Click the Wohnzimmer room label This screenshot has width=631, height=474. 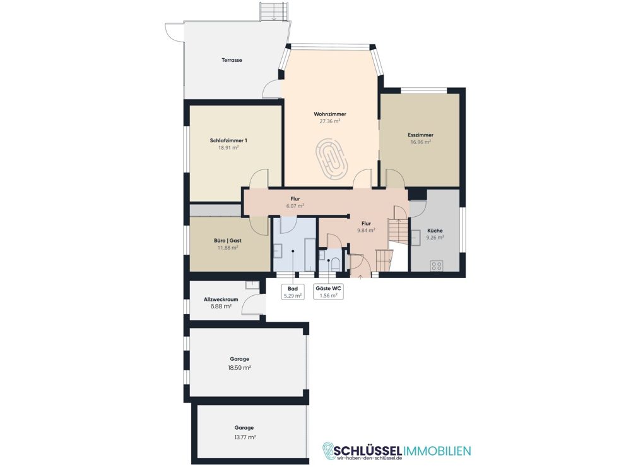(x=330, y=114)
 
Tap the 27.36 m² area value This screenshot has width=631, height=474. (x=330, y=121)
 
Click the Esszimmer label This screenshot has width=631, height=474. (x=420, y=135)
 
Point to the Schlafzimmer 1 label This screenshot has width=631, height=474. (x=228, y=141)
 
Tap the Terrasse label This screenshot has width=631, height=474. (x=232, y=60)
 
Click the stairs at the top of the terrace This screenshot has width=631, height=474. (x=274, y=11)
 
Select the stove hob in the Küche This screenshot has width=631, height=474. (x=437, y=265)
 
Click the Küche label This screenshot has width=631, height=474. (x=435, y=231)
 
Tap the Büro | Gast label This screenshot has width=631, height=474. (x=228, y=241)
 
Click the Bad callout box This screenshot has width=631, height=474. (x=293, y=291)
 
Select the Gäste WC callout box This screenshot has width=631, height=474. (x=328, y=291)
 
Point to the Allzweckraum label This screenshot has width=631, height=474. (x=221, y=300)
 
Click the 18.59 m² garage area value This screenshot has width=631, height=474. (x=240, y=368)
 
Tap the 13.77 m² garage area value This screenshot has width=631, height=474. (x=244, y=437)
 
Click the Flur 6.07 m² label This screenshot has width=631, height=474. (x=295, y=202)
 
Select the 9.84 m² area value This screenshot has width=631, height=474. (x=366, y=231)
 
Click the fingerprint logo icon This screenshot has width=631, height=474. (x=329, y=451)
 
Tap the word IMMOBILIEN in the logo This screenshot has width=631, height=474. (x=437, y=450)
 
